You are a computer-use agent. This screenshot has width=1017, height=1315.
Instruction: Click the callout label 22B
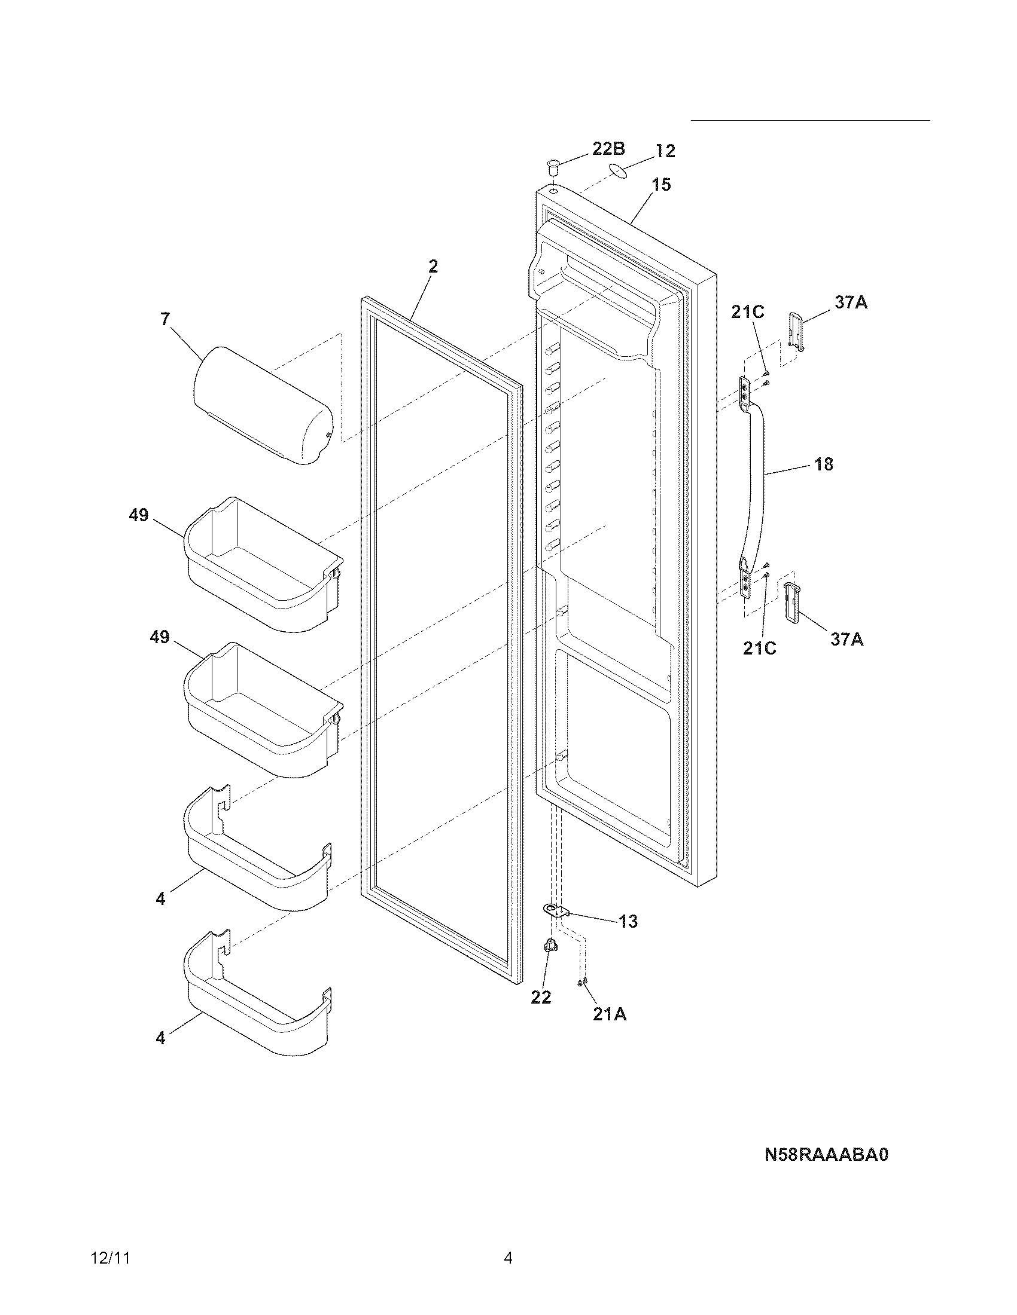point(608,149)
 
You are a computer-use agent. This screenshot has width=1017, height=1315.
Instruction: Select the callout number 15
point(662,185)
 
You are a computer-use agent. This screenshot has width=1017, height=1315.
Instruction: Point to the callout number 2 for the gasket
point(433,266)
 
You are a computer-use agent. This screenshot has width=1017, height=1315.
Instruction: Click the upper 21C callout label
point(748,312)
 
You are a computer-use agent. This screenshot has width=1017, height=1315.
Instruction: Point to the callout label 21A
point(609,1014)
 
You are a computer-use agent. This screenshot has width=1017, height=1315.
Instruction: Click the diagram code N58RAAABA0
point(827,1155)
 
